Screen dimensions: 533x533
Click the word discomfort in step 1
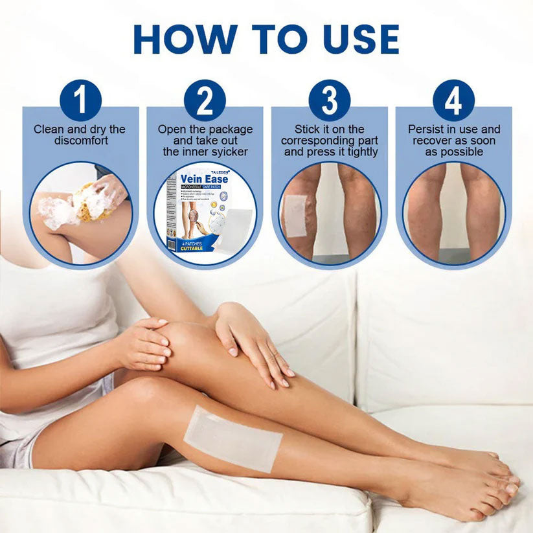point(80,141)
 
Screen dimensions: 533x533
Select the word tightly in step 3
point(360,152)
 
